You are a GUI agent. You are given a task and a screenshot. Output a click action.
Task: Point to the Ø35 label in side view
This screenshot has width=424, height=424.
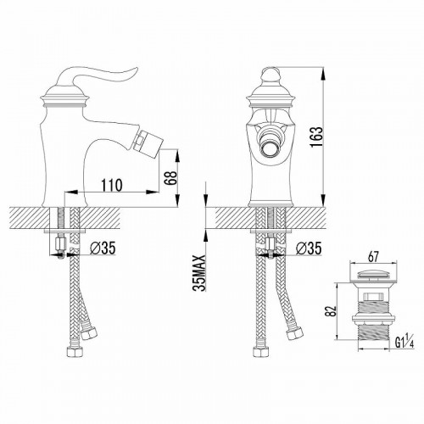pos(102,249)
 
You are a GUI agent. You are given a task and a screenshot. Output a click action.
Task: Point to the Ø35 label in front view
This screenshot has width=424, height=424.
pos(309,249)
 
